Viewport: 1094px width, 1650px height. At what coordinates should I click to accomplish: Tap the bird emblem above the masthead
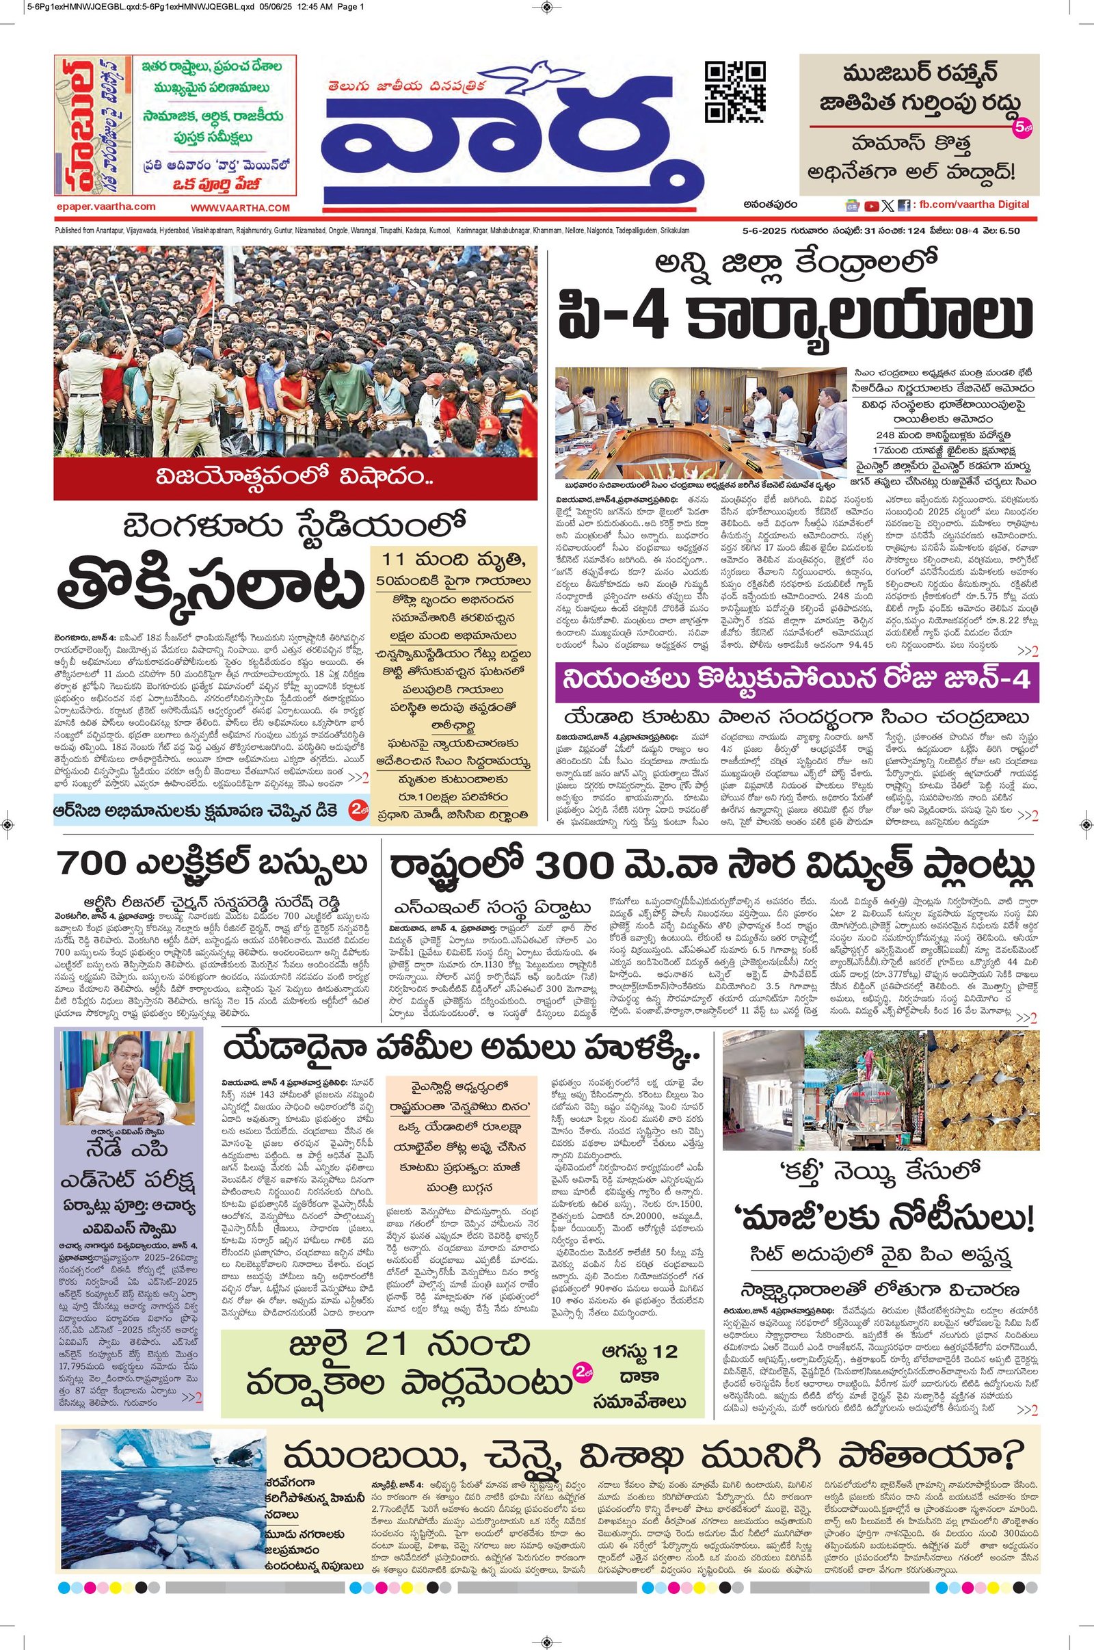pos(534,77)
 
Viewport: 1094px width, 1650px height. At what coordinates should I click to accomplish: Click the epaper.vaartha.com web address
pos(105,207)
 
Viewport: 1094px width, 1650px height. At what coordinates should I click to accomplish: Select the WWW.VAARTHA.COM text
pos(239,208)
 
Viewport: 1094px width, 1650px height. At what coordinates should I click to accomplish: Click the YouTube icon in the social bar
pos(871,206)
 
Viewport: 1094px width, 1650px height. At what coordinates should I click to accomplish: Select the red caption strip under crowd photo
pos(295,479)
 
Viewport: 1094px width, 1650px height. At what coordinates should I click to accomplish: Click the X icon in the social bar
pos(887,206)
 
